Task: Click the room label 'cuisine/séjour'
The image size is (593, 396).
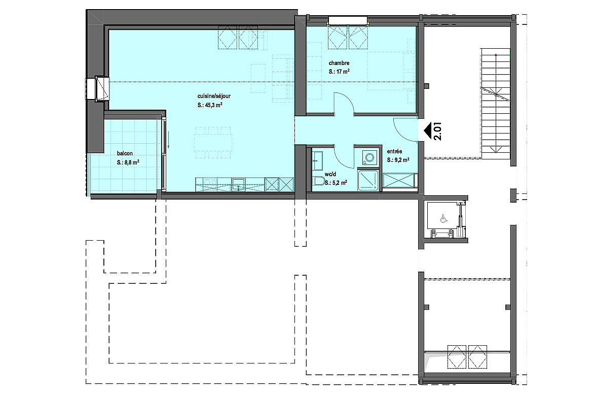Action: pos(214,96)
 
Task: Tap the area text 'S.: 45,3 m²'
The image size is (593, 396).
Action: pos(209,106)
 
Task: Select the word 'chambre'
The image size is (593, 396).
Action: pos(339,63)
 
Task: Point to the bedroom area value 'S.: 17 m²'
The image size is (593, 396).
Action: pos(339,72)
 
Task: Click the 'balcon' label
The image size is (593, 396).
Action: pos(125,153)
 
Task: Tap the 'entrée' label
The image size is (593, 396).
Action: pos(394,152)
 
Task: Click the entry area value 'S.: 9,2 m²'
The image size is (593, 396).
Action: pos(398,160)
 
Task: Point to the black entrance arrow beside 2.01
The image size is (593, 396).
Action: pos(427,131)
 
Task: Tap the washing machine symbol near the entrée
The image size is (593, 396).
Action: pos(368,157)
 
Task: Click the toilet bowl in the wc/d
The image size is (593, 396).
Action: pos(319,181)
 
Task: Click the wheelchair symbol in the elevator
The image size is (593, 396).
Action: pos(443,219)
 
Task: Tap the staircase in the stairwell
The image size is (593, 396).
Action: pos(495,104)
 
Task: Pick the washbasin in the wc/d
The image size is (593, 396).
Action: pos(317,160)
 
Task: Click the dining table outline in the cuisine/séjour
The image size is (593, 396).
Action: pos(213,143)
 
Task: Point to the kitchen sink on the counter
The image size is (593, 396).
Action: pos(238,185)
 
